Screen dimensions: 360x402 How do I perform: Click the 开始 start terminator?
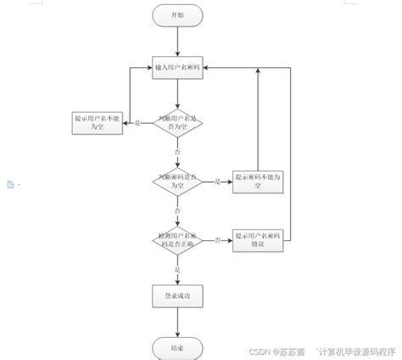176,14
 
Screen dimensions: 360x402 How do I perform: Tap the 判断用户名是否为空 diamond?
176,124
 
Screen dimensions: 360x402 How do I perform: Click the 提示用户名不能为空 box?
98,122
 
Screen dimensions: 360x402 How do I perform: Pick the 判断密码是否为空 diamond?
176,180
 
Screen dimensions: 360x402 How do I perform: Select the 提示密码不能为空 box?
256,181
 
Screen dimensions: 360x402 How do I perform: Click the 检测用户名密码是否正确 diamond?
176,239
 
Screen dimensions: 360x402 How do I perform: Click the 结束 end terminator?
176,347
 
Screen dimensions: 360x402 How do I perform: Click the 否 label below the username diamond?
176,151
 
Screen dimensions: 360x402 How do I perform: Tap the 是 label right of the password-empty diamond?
217,181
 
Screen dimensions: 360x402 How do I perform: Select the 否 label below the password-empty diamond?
176,209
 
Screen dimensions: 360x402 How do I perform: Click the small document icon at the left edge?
10,184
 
